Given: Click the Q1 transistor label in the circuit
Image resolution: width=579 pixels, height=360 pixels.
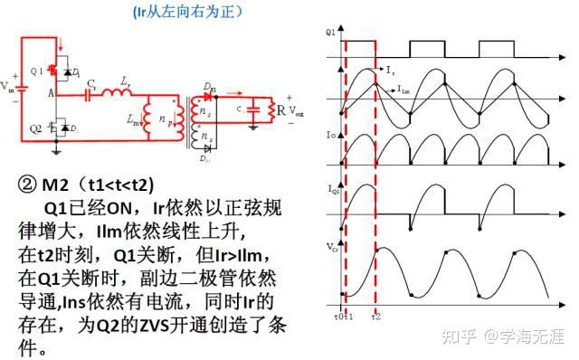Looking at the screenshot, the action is click(x=35, y=71).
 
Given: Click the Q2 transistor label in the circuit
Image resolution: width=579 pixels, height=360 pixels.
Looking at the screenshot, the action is click(x=35, y=128).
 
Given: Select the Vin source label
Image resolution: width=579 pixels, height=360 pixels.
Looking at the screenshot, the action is click(x=7, y=88).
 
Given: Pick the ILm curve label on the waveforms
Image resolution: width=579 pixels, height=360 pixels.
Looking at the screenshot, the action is click(x=407, y=89).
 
